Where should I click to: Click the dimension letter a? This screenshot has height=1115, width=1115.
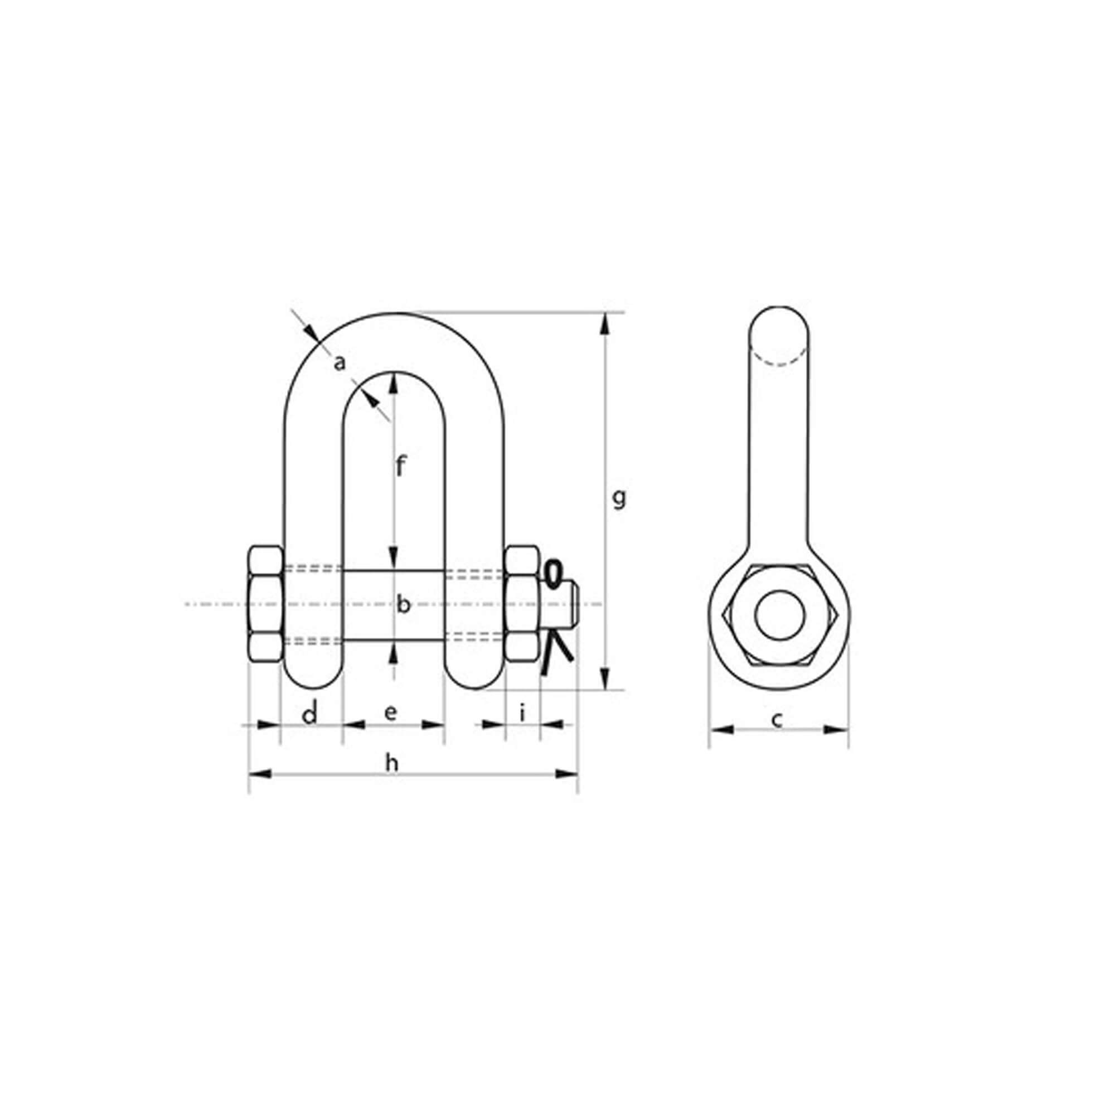(341, 363)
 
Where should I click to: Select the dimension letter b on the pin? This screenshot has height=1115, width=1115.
(404, 604)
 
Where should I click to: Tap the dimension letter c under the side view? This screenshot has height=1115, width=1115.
(777, 720)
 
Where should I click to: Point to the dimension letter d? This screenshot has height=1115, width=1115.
(311, 715)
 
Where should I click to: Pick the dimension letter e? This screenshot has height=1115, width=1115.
(391, 714)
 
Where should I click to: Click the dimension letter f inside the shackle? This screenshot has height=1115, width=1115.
(401, 466)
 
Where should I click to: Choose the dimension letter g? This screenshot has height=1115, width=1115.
(619, 497)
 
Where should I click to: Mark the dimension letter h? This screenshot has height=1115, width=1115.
(392, 763)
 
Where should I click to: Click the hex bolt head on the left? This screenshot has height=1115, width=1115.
(266, 604)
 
